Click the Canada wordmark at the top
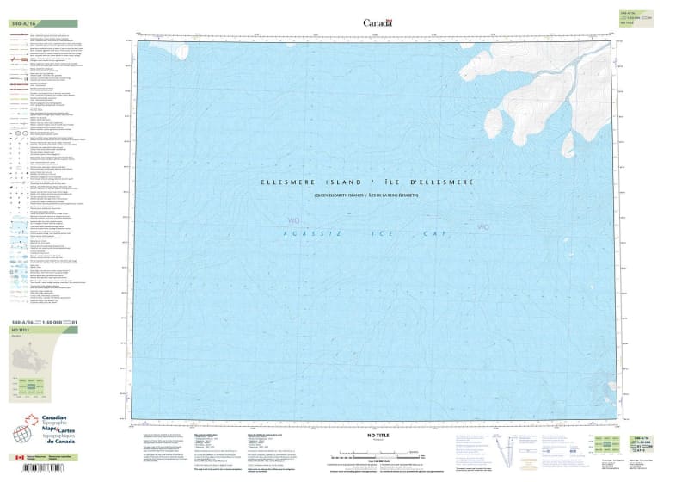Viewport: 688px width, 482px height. (x=378, y=23)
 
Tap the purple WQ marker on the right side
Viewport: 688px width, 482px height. (x=483, y=227)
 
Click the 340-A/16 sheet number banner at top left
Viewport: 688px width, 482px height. (x=26, y=23)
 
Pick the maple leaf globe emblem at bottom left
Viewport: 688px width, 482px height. (x=24, y=429)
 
